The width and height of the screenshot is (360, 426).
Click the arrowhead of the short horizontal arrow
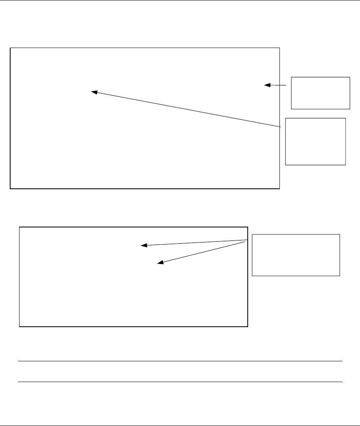point(266,85)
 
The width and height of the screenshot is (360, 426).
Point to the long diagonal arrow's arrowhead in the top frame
point(93,92)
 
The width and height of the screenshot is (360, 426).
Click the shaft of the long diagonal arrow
point(187,109)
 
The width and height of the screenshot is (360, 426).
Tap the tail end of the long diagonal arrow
point(281,127)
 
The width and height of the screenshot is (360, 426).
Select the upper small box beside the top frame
point(321,93)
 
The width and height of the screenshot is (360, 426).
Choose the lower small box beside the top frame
point(316,141)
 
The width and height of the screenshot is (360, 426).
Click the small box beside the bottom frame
point(296,255)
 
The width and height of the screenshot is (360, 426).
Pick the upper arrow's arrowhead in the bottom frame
point(143,245)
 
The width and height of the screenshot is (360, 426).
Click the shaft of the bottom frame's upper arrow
point(195,242)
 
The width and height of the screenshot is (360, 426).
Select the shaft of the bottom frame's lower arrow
point(203,253)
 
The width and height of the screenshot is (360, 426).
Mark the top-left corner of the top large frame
point(10,48)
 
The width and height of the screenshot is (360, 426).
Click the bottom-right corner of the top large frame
point(280,189)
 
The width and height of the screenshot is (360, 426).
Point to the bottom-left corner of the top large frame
point(10,189)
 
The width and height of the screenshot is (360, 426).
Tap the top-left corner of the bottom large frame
point(20,227)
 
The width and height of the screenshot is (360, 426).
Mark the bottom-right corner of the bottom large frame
point(248,326)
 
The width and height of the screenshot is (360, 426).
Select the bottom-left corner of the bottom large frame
point(20,326)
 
